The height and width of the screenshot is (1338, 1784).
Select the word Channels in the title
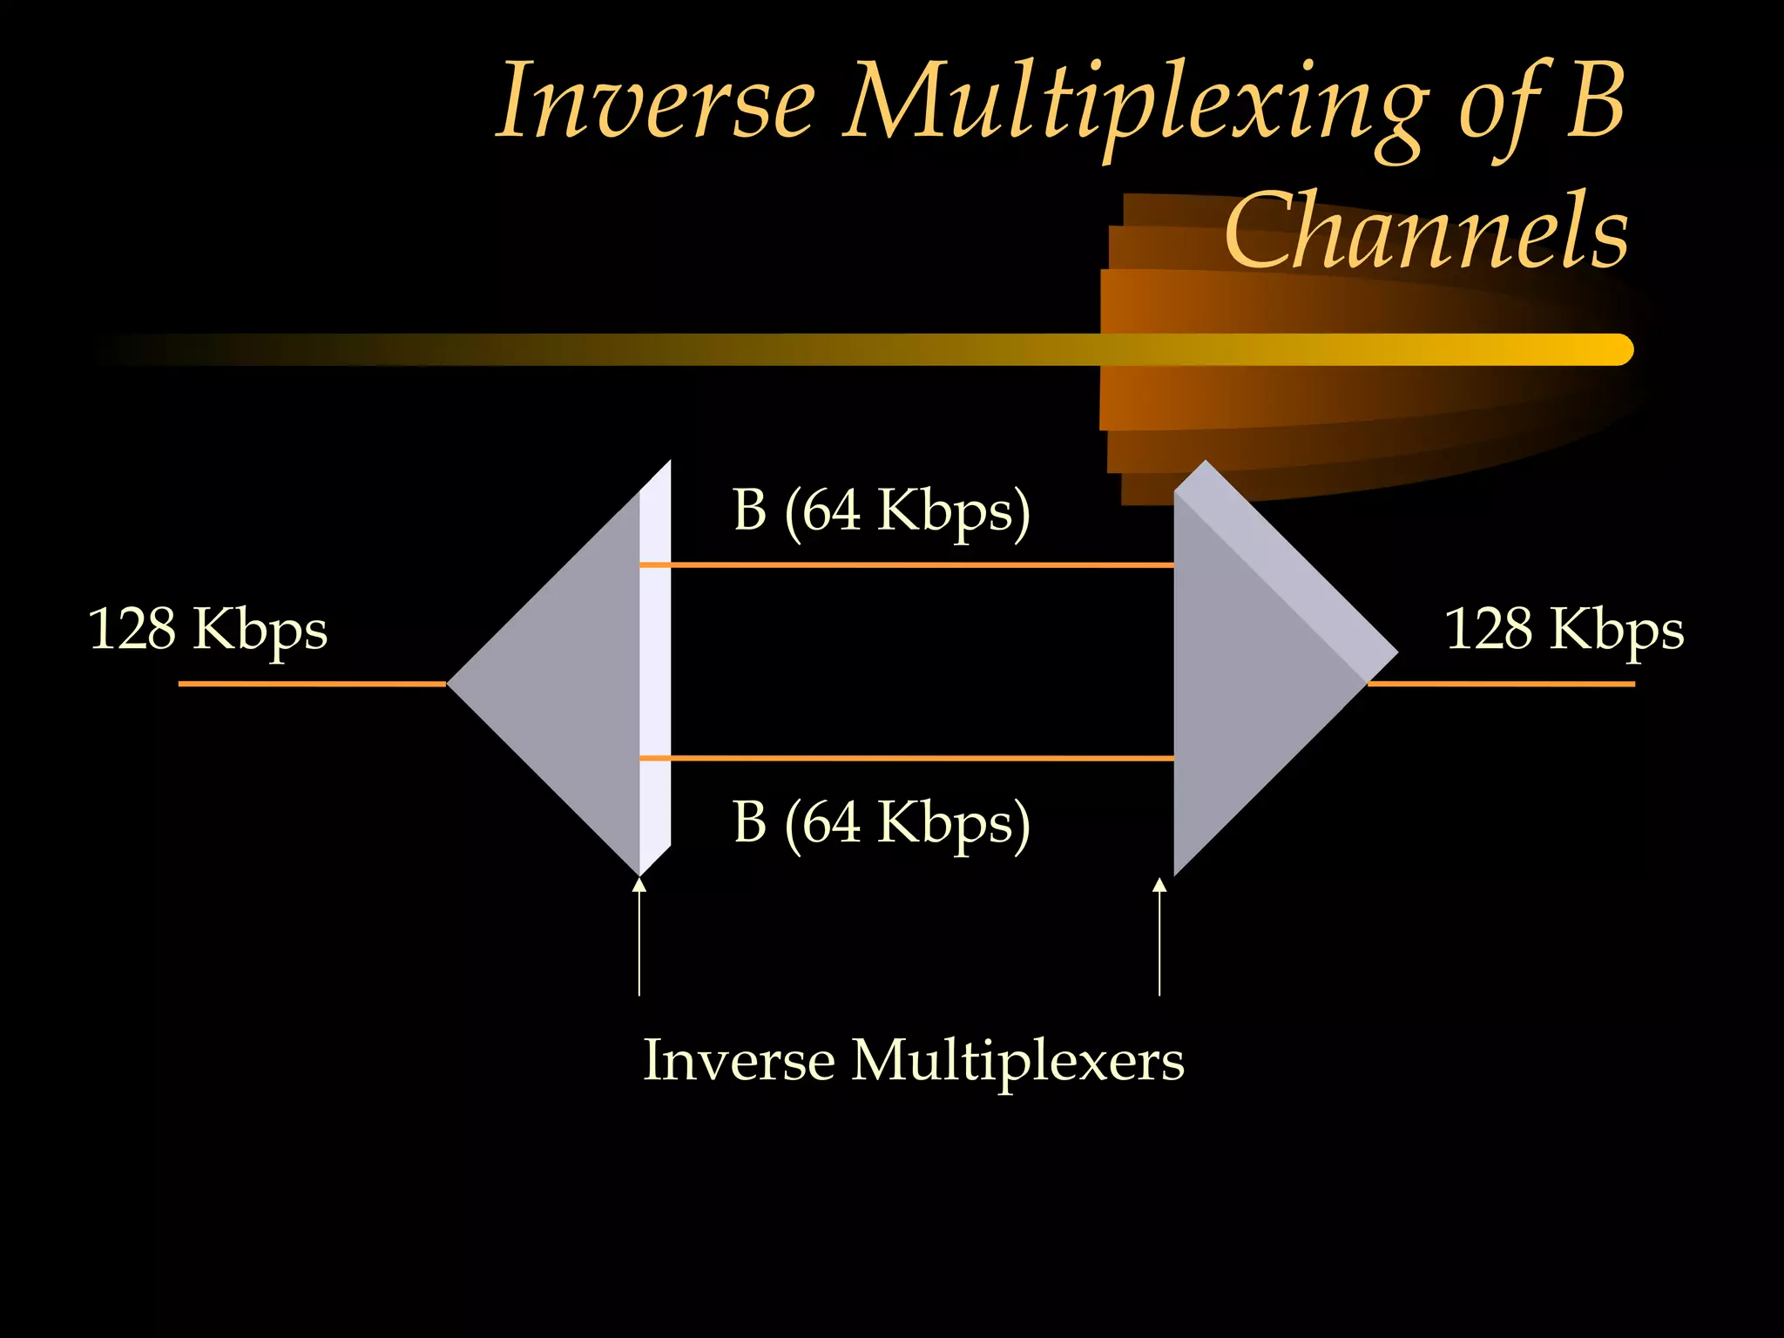click(1426, 232)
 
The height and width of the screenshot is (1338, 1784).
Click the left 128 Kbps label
click(207, 629)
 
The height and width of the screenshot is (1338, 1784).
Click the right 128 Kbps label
click(1564, 629)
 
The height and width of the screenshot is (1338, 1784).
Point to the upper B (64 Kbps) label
click(881, 510)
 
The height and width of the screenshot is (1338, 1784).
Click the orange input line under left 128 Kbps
click(312, 684)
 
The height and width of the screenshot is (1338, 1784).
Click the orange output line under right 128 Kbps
click(1500, 684)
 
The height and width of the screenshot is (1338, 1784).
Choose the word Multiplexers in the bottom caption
click(1017, 1061)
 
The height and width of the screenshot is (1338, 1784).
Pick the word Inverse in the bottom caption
click(739, 1061)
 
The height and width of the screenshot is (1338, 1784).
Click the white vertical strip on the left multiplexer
click(655, 662)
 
